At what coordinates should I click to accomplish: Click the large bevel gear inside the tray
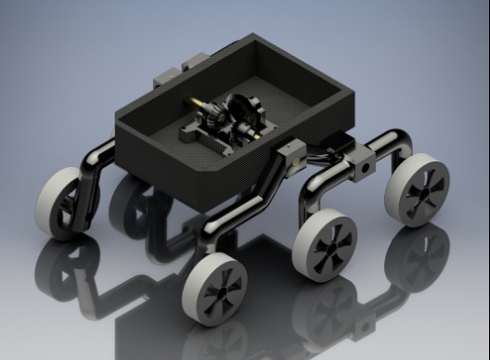(x=244, y=117)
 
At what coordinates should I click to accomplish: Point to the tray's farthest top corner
(x=251, y=36)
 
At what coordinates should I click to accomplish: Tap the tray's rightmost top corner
(x=356, y=89)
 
